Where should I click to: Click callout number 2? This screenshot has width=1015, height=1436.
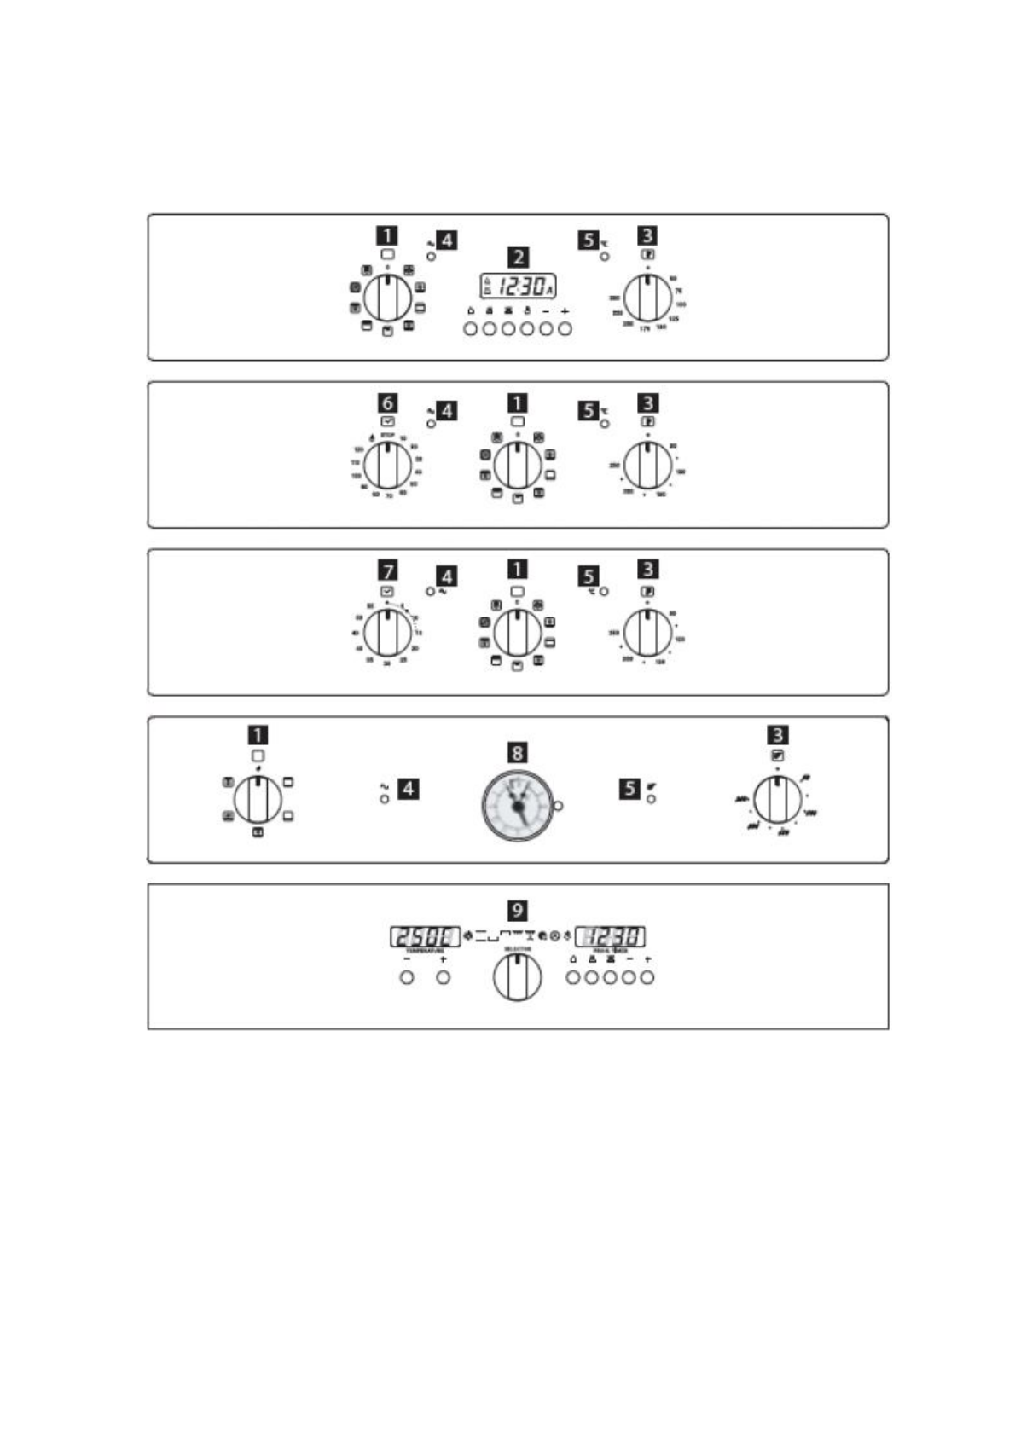click(517, 257)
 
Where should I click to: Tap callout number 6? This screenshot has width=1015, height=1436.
click(387, 402)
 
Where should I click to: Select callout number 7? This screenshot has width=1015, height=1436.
click(387, 570)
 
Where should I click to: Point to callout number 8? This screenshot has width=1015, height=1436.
click(517, 753)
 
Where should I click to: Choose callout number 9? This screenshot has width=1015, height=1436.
click(517, 910)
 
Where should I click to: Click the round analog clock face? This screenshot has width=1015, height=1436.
click(517, 805)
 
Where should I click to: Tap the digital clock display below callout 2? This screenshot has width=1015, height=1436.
click(518, 287)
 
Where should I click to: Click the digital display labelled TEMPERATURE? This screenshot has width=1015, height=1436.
click(425, 936)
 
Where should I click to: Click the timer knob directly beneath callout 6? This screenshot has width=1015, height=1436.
click(387, 466)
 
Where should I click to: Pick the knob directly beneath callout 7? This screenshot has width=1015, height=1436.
click(387, 633)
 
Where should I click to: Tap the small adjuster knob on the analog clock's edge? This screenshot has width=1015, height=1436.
click(559, 806)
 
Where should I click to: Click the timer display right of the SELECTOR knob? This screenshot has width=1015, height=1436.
click(610, 936)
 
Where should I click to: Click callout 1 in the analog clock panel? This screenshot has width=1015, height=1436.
click(258, 734)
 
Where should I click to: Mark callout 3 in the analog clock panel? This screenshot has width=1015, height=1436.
click(777, 734)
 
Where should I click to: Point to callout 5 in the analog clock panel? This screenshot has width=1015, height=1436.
click(629, 788)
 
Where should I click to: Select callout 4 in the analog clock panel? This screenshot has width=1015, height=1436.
click(409, 788)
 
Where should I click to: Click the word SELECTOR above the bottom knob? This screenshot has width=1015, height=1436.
click(517, 949)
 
